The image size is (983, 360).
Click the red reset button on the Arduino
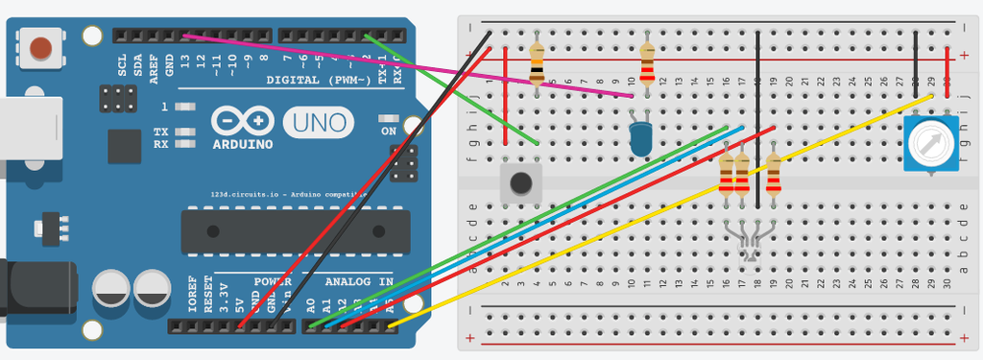tap(41, 46)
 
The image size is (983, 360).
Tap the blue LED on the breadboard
tap(639, 140)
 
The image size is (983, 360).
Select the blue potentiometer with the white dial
tap(930, 144)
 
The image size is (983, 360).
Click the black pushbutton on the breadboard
tap(521, 182)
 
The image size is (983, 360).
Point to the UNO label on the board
tap(318, 124)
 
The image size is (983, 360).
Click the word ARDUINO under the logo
tap(241, 144)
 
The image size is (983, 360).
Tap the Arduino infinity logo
tap(242, 121)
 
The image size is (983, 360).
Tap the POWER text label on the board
tap(273, 282)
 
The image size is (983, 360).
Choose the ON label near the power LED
tap(388, 131)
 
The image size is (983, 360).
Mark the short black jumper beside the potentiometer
tap(917, 57)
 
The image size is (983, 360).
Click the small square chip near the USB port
tap(124, 146)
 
